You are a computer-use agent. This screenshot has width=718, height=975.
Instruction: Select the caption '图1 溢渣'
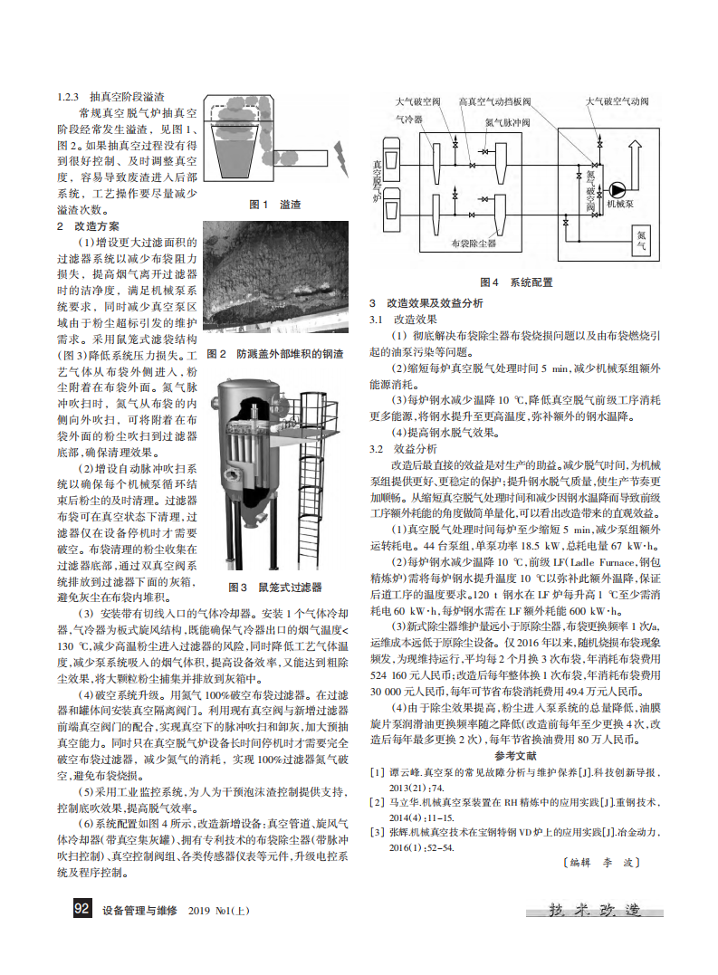click(x=276, y=205)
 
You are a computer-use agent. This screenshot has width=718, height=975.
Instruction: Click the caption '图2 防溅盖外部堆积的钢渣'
click(x=275, y=353)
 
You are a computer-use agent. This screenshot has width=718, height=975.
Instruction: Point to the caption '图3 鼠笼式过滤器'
click(x=275, y=588)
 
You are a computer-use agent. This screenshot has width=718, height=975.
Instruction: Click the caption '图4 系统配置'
click(x=516, y=282)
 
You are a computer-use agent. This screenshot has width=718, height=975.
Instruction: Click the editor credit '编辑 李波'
click(x=600, y=863)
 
